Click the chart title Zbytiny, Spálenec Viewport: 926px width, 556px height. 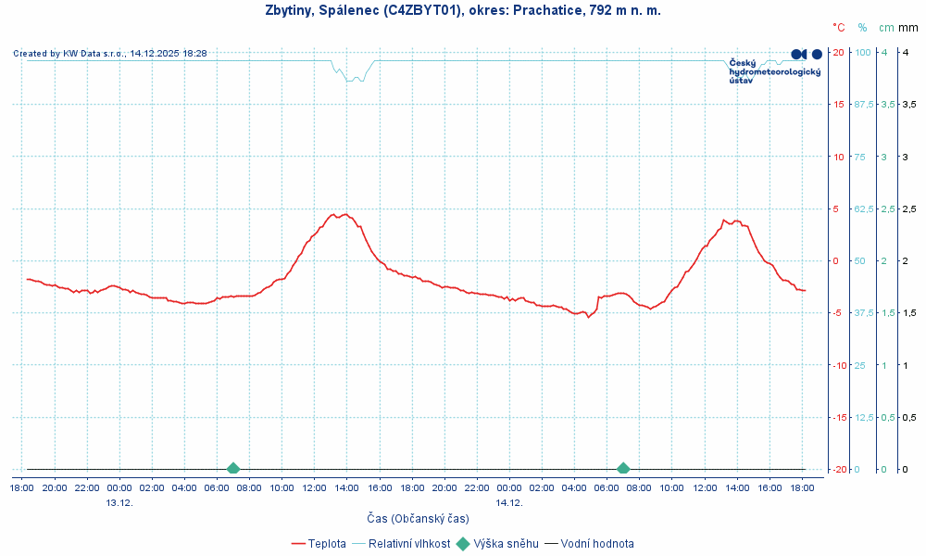click(463, 10)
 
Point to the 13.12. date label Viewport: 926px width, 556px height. click(119, 502)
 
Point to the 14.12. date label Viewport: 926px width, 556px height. click(509, 502)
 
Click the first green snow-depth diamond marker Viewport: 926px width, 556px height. click(233, 469)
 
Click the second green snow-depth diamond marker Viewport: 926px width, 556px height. click(623, 469)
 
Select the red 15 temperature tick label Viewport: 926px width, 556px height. click(838, 104)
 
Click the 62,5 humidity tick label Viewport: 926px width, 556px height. click(863, 208)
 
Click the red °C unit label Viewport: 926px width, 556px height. click(839, 28)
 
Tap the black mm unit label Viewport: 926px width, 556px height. click(908, 28)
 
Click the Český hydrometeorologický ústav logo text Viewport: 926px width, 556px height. click(774, 71)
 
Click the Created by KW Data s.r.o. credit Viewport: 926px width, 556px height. click(110, 54)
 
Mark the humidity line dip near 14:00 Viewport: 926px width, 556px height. click(353, 79)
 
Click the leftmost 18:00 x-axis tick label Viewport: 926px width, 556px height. click(23, 487)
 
